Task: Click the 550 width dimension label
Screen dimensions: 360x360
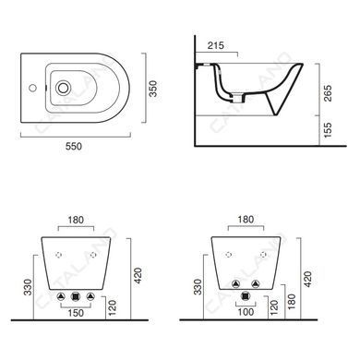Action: (x=74, y=146)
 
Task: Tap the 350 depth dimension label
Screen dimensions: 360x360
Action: (x=153, y=89)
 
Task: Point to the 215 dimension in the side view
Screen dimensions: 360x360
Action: (x=216, y=45)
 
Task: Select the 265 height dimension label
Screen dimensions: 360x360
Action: (x=328, y=93)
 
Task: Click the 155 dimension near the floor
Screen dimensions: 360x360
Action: (x=328, y=130)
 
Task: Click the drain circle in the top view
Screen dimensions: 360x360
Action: (x=63, y=88)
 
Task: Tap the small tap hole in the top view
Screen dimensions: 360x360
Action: (x=32, y=88)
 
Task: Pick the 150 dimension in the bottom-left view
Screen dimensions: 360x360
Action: (x=76, y=313)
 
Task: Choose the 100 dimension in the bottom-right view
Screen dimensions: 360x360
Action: (x=246, y=312)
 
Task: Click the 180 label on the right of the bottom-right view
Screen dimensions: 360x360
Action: (x=291, y=302)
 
